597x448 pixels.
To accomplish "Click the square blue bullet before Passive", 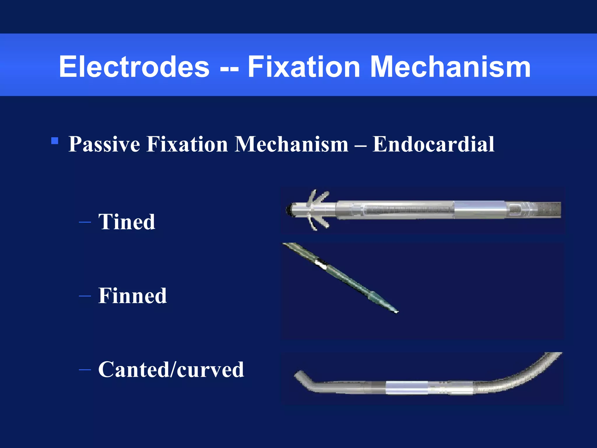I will pyautogui.click(x=55, y=141).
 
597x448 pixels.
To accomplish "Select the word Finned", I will pyautogui.click(x=132, y=296).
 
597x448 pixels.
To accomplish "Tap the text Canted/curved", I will pyautogui.click(x=171, y=370).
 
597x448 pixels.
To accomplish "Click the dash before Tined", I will pyautogui.click(x=85, y=222).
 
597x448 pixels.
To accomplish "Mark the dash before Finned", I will pyautogui.click(x=85, y=296).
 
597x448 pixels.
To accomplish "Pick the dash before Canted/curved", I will pyautogui.click(x=85, y=370).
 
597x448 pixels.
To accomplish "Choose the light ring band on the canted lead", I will pyautogui.click(x=406, y=388).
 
